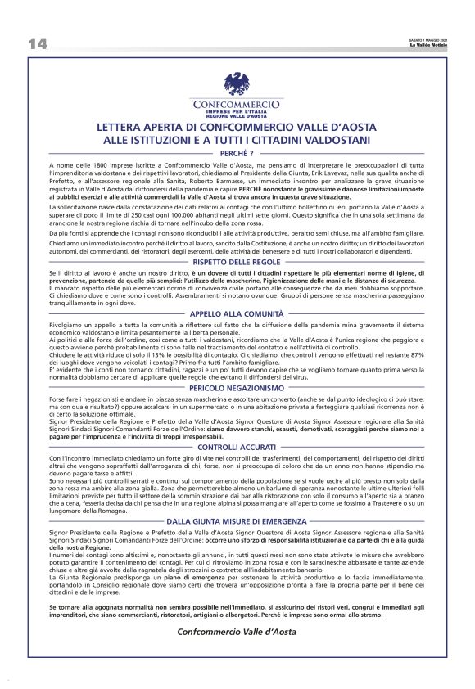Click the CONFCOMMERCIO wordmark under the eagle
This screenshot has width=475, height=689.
pyautogui.click(x=237, y=105)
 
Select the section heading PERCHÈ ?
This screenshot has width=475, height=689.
pyautogui.click(x=237, y=153)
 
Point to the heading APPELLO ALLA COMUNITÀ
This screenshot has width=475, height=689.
pyautogui.click(x=237, y=313)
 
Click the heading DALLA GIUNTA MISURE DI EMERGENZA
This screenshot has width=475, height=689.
pyautogui.click(x=237, y=520)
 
